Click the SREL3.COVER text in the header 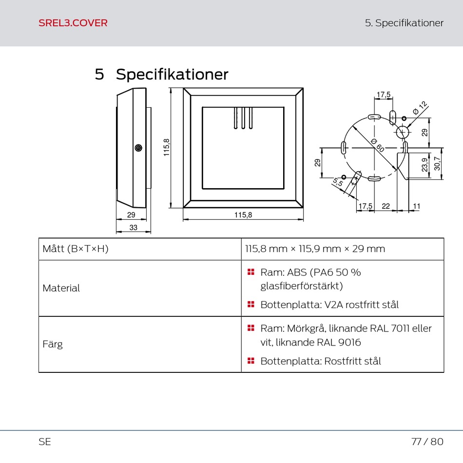coord(73,23)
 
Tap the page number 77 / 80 coord(427,442)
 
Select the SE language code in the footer coord(45,442)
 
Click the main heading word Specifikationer coord(172,75)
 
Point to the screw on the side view coord(138,148)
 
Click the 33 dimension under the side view coord(133,228)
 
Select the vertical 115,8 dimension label coord(167,147)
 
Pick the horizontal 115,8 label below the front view coord(243,214)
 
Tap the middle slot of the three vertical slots coord(243,118)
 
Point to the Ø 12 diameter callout coord(419,108)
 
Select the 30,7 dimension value coord(437,163)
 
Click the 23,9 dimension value coord(425,164)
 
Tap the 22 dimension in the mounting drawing coord(386,206)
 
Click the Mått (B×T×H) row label coord(75,249)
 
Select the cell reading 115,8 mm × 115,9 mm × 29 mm coord(315,249)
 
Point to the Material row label coord(61,288)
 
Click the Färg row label coord(53,344)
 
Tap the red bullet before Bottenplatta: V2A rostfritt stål coord(251,305)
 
